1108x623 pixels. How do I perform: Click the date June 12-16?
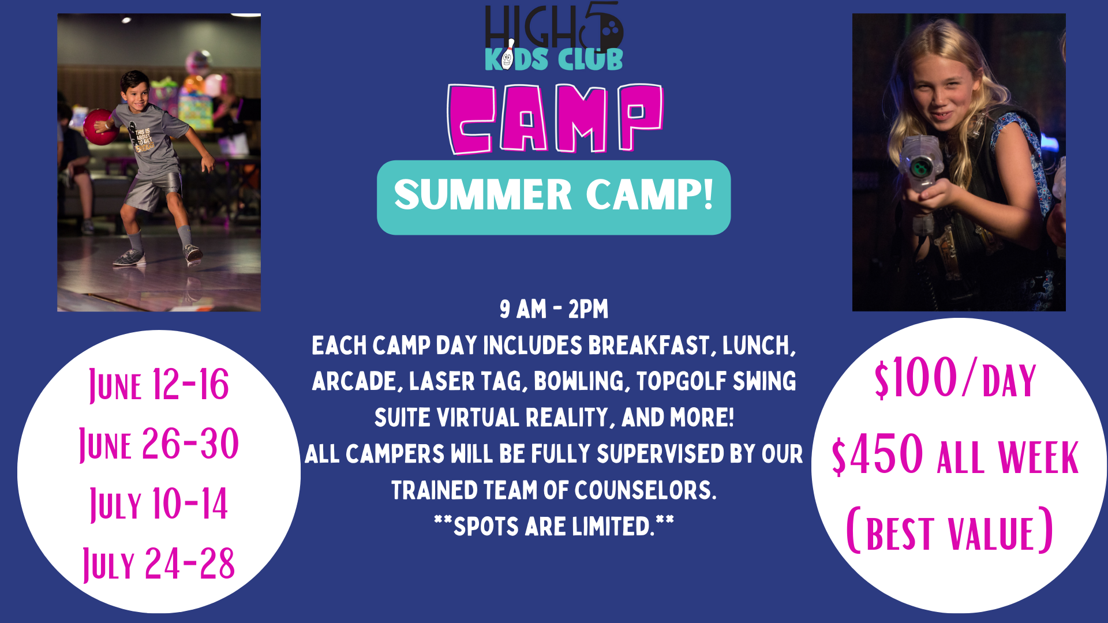(x=159, y=385)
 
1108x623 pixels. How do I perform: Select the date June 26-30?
(x=159, y=444)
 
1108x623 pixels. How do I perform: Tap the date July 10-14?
(x=159, y=504)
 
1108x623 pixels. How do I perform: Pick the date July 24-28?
(x=159, y=564)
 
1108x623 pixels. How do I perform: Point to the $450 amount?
(x=877, y=455)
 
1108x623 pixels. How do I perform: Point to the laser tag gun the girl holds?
(x=924, y=173)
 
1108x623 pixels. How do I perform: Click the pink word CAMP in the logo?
(x=555, y=119)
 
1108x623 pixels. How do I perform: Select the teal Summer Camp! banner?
(x=554, y=197)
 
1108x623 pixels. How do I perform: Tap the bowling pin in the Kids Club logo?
(x=508, y=55)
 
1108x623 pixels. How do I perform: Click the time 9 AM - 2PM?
(x=554, y=310)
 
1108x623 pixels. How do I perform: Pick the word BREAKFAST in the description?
(x=649, y=346)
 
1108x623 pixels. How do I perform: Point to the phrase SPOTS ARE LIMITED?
(x=554, y=527)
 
